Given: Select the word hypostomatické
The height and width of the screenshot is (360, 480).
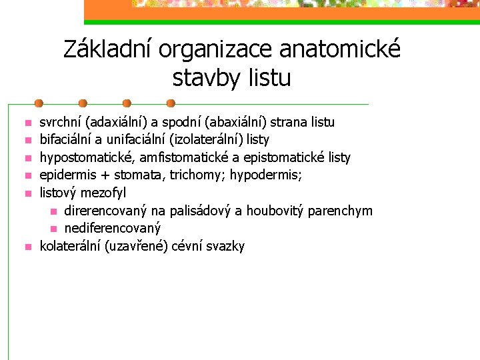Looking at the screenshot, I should point(87,157).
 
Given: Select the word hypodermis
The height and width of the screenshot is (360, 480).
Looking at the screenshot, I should point(266,175).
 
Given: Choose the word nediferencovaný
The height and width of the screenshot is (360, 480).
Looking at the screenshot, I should point(113,229).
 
